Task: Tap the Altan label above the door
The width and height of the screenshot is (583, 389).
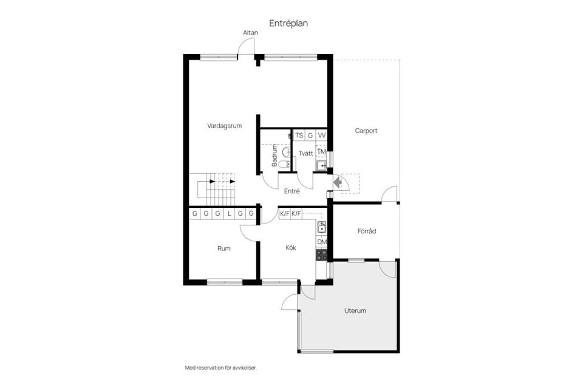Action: (250, 32)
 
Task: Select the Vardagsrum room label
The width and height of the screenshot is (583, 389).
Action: (225, 126)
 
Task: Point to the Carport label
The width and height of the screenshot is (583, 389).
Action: (366, 131)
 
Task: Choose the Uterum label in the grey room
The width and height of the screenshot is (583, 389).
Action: (355, 311)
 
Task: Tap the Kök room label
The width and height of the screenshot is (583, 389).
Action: (290, 248)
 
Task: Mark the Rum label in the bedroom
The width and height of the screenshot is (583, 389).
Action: (224, 248)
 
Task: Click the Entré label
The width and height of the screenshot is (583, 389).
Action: (293, 191)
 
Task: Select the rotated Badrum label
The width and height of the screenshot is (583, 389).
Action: (274, 156)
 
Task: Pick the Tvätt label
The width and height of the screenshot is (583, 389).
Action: (305, 153)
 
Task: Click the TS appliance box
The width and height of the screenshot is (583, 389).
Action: (299, 136)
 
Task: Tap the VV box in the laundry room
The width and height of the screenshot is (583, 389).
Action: (322, 136)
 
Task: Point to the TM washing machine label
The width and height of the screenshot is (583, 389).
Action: (322, 151)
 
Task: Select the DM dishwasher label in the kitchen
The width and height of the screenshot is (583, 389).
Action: (322, 242)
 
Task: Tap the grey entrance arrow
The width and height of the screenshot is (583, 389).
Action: (338, 181)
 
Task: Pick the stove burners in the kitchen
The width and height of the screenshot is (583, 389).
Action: (322, 255)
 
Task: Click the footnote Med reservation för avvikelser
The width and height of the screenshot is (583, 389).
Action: (220, 368)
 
